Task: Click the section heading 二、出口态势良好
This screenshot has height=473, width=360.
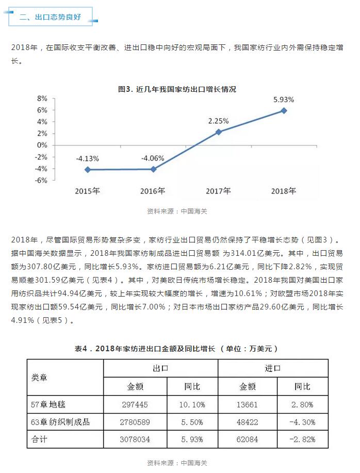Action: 50,17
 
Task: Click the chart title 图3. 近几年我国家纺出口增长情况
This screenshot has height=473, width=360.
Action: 177,89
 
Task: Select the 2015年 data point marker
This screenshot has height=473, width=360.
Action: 88,169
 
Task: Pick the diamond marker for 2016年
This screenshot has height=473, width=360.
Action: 153,169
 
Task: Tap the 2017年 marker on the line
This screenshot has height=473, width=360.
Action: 218,132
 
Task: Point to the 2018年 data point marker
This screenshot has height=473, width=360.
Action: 284,110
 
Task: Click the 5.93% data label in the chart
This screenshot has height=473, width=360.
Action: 284,99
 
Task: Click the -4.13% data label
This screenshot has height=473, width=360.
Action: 88,158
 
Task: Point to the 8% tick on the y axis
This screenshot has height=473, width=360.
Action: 42,98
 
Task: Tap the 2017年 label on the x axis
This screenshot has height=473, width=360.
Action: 218,191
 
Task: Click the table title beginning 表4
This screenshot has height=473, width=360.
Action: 177,349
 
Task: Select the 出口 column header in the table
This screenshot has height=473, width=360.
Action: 160,368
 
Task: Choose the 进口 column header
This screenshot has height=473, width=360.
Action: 273,368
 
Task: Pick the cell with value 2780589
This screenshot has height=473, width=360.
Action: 135,422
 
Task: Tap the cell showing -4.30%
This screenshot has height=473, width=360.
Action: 302,422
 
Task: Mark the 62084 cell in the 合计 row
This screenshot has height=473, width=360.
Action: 248,439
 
